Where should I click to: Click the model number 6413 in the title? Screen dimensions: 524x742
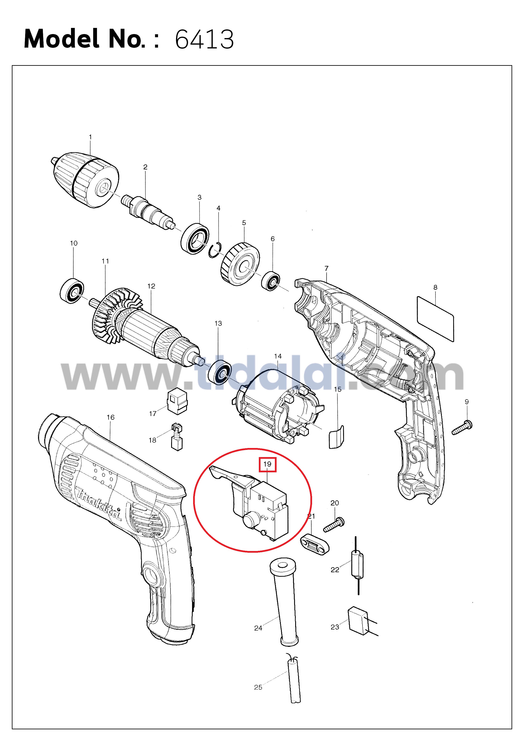pyautogui.click(x=204, y=39)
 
